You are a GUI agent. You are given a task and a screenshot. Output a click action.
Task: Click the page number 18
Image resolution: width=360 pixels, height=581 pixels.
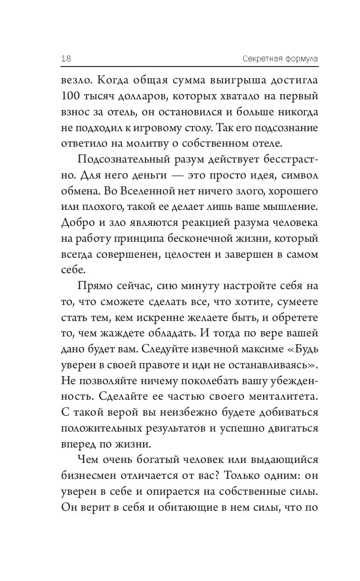66,59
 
